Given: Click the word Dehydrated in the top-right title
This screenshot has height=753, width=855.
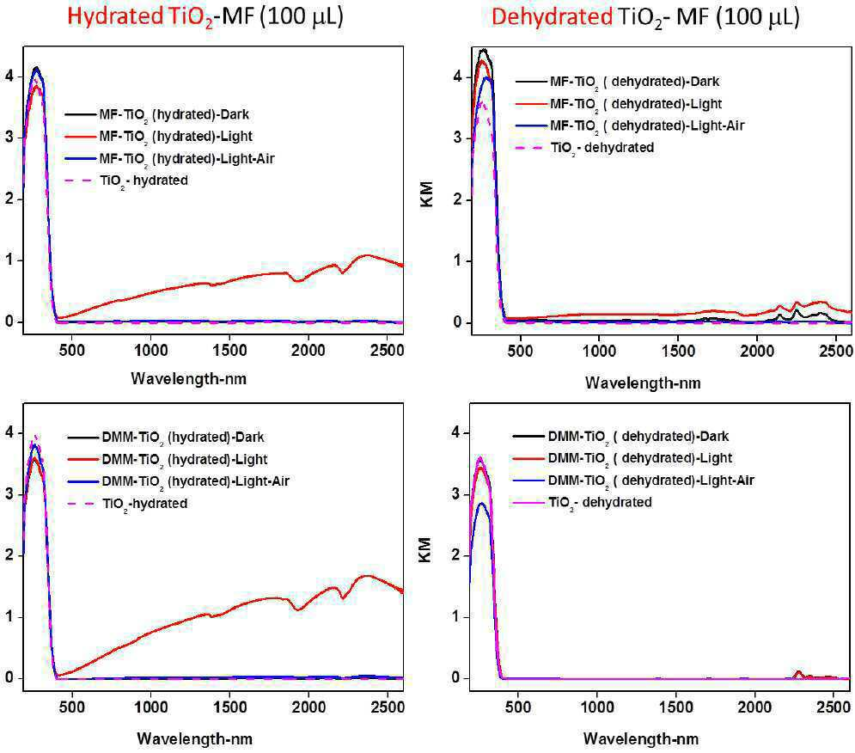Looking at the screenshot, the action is pos(552,16).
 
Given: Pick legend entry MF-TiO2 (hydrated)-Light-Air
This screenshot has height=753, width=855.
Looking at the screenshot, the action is pos(169,159).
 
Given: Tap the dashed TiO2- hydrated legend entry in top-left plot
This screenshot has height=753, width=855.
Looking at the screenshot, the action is pos(126,181).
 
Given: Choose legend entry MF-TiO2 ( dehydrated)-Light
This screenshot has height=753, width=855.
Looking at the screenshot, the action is pos(619,104).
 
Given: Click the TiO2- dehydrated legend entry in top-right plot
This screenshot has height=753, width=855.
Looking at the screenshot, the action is pos(584,148).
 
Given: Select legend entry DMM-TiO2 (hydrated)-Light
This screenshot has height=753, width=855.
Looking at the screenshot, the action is pos(168,459).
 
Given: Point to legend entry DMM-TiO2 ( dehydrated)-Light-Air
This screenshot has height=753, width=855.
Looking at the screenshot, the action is pos(633,481).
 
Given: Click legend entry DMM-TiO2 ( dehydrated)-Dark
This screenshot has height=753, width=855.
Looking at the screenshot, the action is pos(621,437).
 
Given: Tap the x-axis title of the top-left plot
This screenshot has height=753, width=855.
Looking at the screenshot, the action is pos(189,379).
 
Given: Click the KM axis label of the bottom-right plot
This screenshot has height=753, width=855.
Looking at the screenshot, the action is pos(425,550).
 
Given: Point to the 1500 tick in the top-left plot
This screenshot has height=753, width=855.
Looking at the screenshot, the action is pos(229,351).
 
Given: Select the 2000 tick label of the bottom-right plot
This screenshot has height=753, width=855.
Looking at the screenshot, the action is pos(755,707).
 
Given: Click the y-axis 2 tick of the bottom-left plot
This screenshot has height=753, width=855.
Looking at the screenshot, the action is pos(9,556).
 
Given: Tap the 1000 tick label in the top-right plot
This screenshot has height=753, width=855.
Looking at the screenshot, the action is pos(599,351).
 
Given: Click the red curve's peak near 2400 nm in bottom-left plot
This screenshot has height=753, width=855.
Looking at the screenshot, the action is pos(366,576).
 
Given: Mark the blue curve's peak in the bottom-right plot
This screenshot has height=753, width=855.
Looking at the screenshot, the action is pos(481,503).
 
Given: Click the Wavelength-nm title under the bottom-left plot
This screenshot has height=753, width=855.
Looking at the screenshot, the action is pos(195,738).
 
